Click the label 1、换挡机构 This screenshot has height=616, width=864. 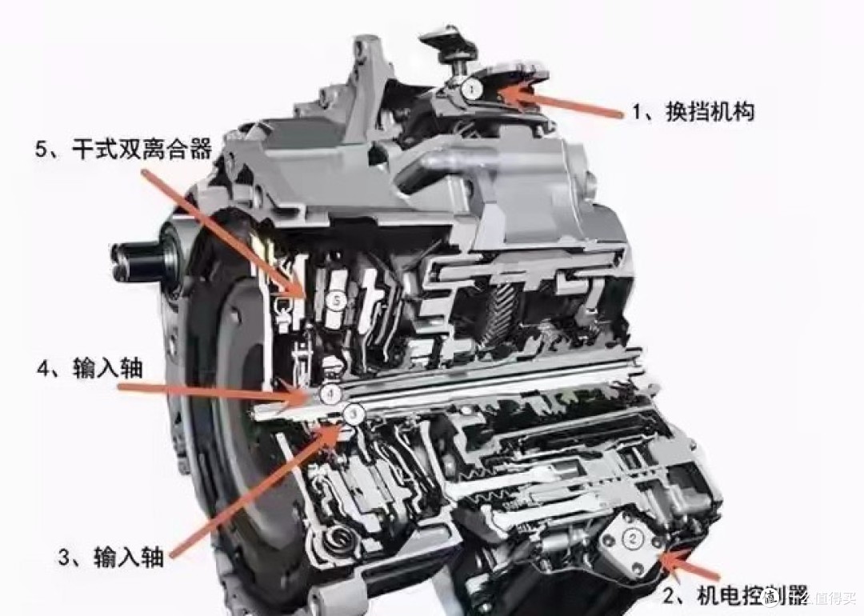point(693,113)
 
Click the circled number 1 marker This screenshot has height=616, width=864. point(472,88)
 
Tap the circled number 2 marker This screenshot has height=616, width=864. point(632,538)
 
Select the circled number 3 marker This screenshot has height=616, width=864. point(354,413)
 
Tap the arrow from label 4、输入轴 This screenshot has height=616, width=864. point(216,390)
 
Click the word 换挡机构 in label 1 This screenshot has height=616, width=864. point(710,113)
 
